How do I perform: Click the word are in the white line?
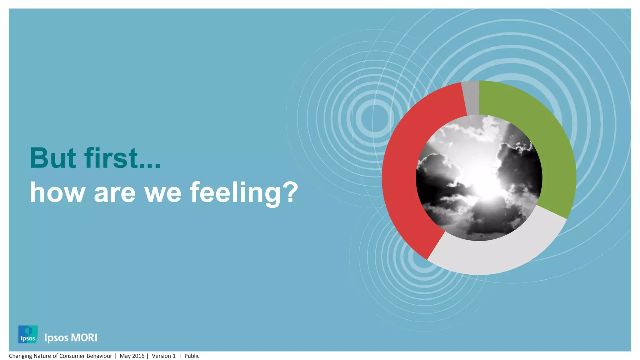click(x=114, y=193)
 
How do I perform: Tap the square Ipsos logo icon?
click(x=28, y=334)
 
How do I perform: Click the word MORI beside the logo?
click(x=84, y=338)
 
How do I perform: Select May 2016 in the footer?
click(x=132, y=356)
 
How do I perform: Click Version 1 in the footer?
click(x=163, y=356)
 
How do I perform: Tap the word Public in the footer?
click(x=192, y=356)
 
